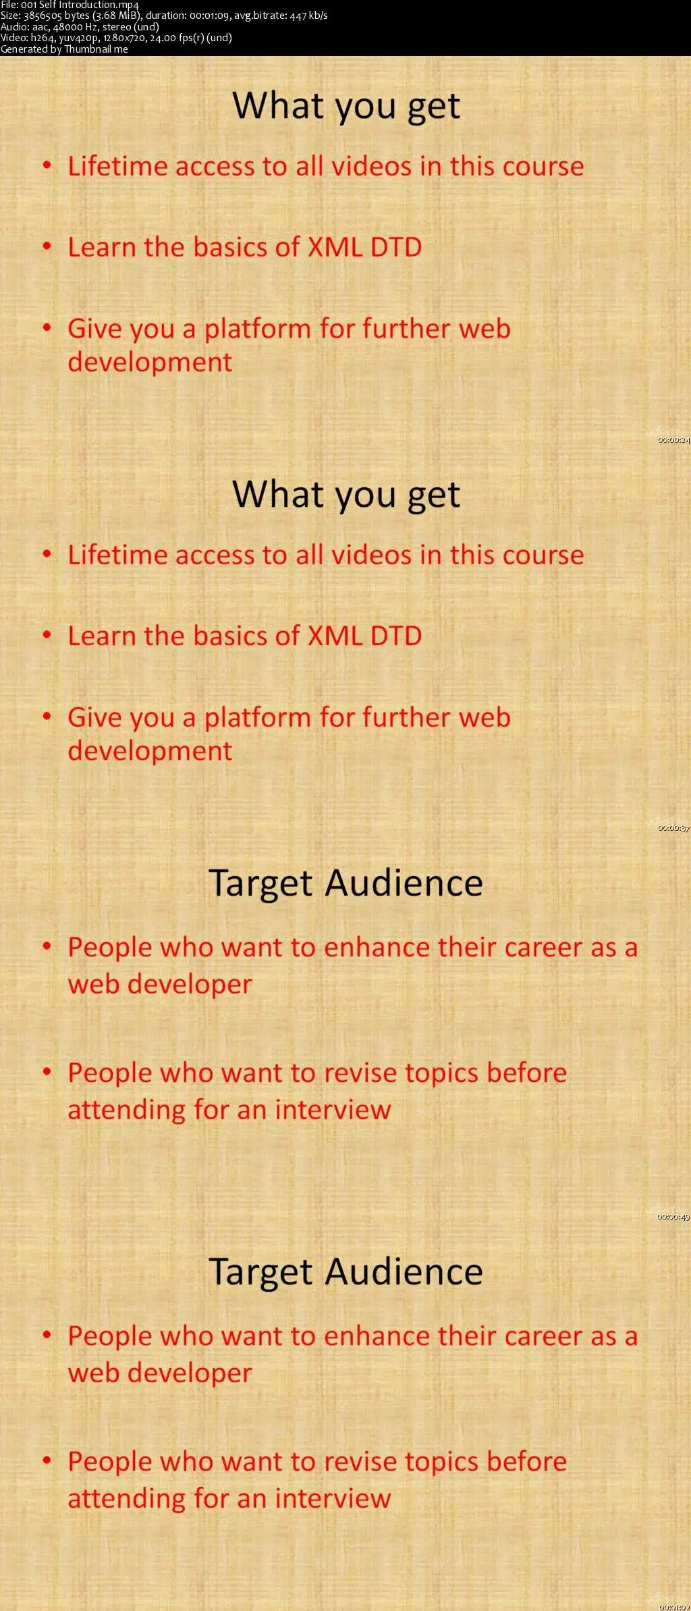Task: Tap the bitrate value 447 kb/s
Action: pyautogui.click(x=308, y=16)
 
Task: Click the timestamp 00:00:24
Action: pyautogui.click(x=673, y=440)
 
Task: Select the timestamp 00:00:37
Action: pyautogui.click(x=673, y=828)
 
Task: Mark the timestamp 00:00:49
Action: pyautogui.click(x=673, y=1217)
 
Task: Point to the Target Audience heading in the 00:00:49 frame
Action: pyautogui.click(x=346, y=883)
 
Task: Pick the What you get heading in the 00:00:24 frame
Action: pyautogui.click(x=346, y=106)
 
